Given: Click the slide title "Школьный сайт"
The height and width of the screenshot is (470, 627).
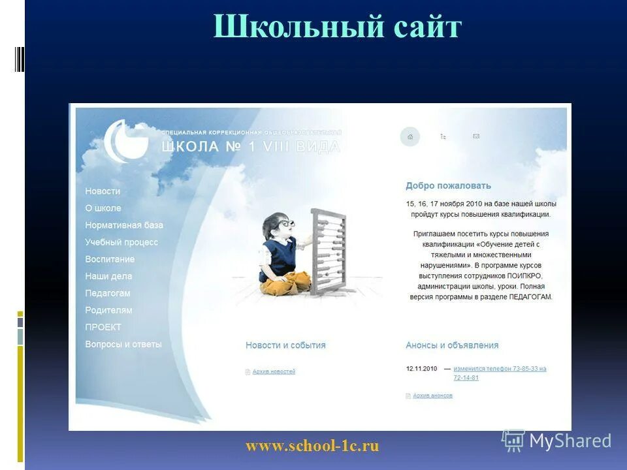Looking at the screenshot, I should [337, 28].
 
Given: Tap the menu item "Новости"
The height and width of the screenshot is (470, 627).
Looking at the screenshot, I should [103, 191].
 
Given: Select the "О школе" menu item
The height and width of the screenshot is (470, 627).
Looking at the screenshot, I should [103, 208].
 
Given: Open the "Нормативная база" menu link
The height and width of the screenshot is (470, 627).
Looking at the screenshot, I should [124, 225].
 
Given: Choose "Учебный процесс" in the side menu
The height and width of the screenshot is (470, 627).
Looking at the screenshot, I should [121, 242].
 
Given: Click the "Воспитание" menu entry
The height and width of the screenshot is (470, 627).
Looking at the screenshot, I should [110, 259].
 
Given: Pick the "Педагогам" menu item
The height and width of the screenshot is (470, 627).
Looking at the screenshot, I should [108, 293].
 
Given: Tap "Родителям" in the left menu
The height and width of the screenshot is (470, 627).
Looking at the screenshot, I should [108, 310].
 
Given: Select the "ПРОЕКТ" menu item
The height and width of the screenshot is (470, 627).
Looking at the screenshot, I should [103, 327].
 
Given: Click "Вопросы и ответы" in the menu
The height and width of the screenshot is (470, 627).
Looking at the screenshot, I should [123, 344].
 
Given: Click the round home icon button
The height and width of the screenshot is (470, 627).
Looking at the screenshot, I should [410, 136].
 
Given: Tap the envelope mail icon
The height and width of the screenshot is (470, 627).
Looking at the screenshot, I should [476, 136].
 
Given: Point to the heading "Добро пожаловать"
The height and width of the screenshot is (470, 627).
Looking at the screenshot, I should [448, 186].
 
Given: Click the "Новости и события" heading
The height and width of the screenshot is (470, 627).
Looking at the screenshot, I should [285, 345].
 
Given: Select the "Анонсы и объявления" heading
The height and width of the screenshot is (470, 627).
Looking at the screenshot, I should [452, 345].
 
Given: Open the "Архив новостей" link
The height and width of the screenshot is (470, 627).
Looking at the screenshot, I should [274, 371].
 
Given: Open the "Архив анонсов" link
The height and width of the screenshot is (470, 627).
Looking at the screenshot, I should [432, 396].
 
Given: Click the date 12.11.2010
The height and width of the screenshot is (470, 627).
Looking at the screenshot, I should [421, 369].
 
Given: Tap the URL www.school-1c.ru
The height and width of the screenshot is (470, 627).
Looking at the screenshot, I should [312, 446].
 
